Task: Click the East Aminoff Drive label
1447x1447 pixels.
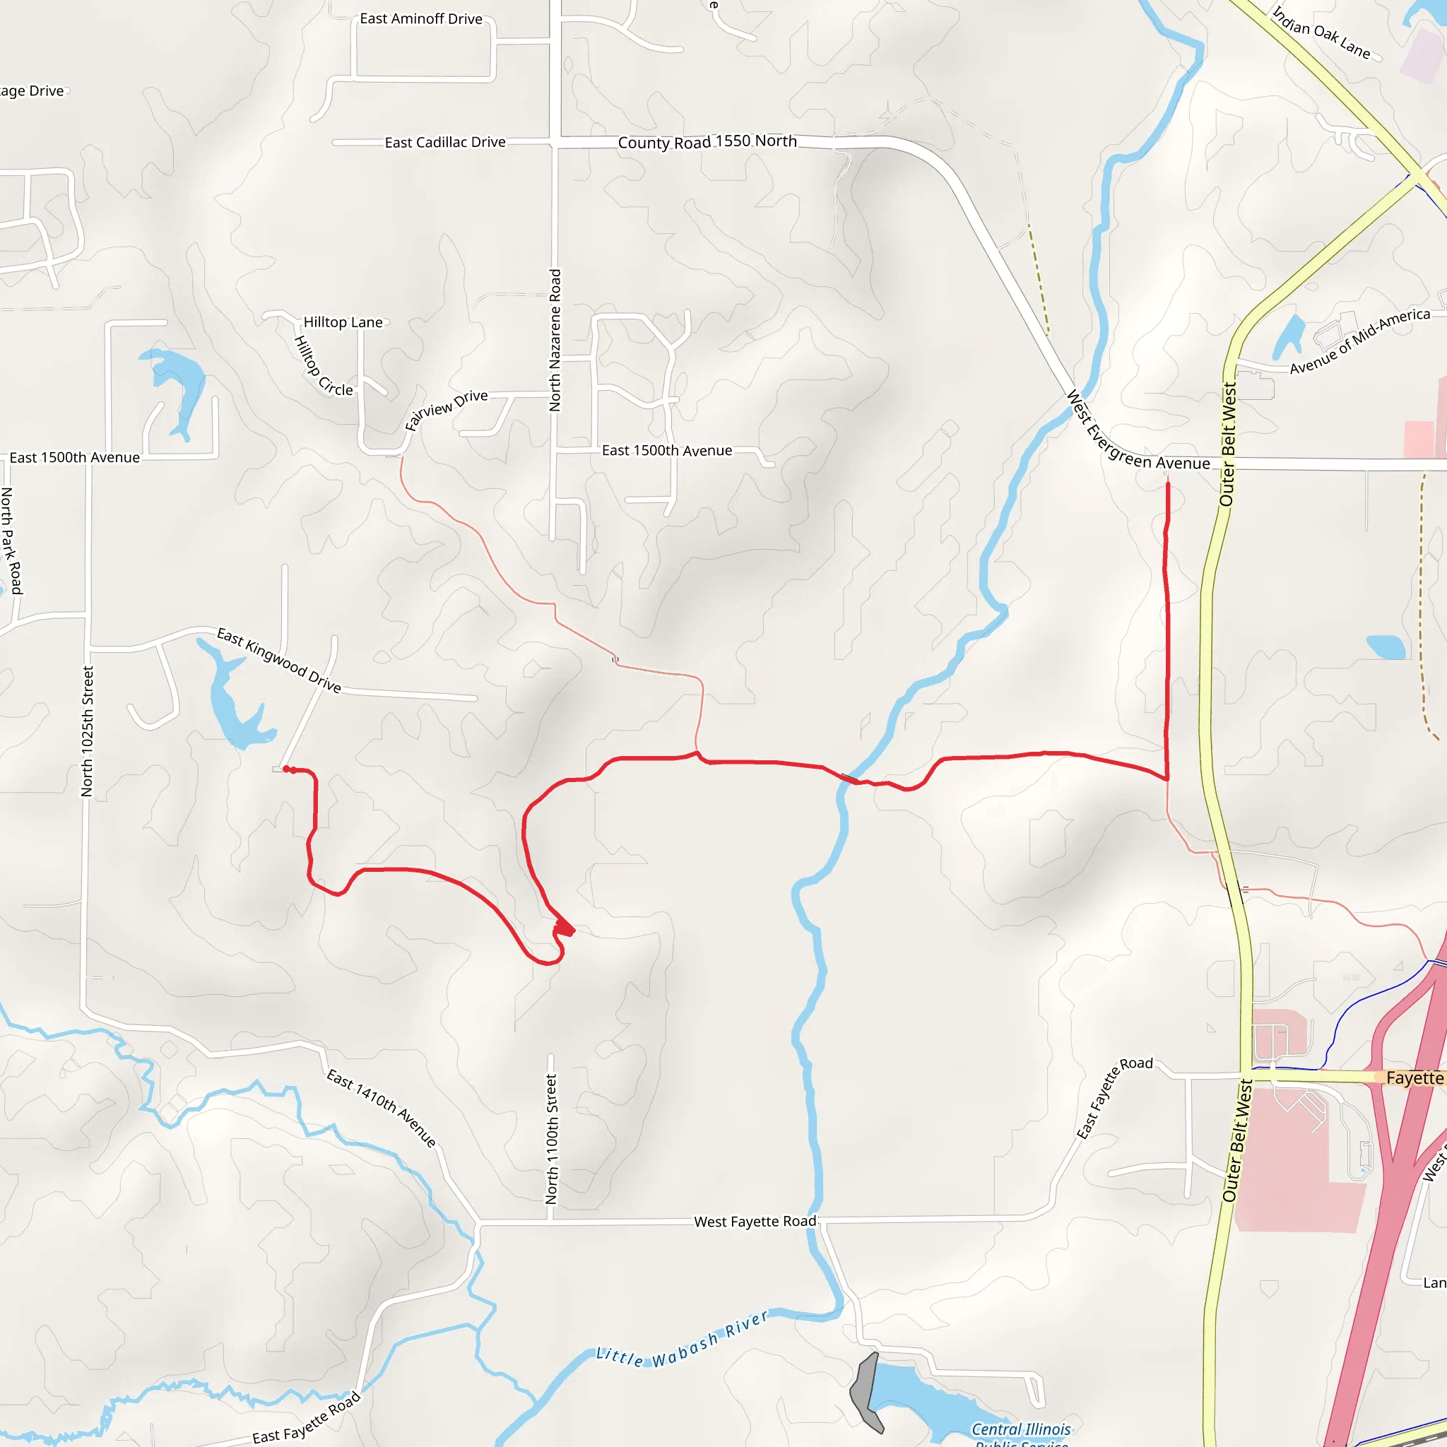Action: pos(421,19)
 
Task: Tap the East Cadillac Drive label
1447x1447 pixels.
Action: pos(445,142)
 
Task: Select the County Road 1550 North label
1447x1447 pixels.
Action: pos(707,141)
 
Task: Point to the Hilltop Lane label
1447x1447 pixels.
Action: pos(343,322)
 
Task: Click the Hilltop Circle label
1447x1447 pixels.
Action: pos(323,365)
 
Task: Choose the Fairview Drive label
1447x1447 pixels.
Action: pos(447,409)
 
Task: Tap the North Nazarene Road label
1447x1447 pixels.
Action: pos(555,340)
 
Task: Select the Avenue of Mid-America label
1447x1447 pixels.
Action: pos(1359,341)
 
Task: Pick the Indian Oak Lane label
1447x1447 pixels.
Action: pos(1322,33)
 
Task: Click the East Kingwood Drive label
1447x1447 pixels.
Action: pos(278,661)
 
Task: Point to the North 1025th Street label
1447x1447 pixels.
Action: pos(88,731)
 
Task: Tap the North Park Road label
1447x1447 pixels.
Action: pos(11,541)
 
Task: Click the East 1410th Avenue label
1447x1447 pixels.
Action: pos(382,1109)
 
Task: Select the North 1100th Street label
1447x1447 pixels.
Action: pos(552,1139)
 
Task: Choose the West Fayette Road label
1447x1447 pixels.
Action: pos(755,1222)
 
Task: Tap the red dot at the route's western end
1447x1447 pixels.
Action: pos(287,769)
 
